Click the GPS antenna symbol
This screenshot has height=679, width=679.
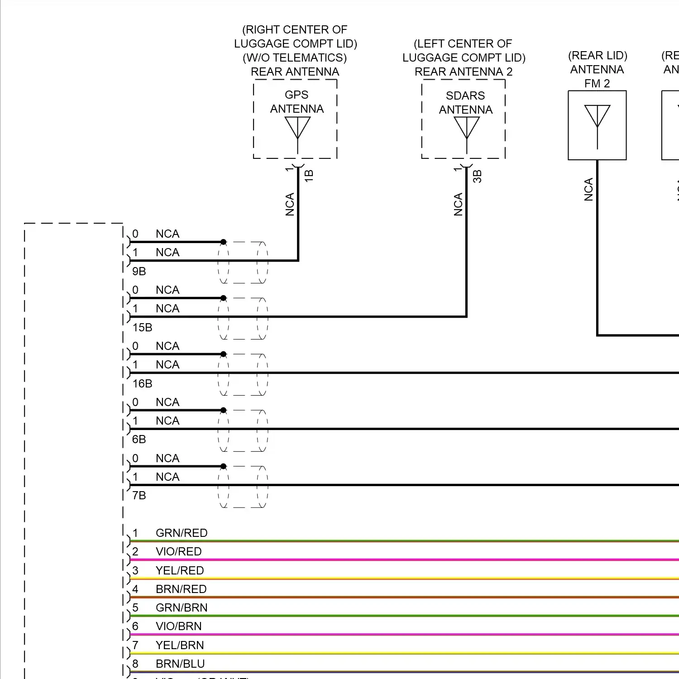coord(297,128)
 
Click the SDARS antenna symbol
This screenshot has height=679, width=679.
coord(466,128)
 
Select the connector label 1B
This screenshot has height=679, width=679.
coord(309,176)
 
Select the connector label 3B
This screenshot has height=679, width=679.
coord(477,176)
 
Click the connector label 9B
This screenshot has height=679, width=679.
coord(139,271)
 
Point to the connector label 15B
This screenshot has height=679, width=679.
coord(142,327)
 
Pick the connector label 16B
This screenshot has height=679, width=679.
coord(142,383)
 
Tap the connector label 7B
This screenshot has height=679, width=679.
coord(139,495)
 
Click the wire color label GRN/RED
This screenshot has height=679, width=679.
coord(182,533)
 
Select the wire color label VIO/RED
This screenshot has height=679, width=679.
coord(178,551)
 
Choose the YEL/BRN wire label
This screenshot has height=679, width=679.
coord(180,645)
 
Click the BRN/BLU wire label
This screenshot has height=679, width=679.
coord(180,664)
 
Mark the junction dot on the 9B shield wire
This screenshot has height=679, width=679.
coord(223,242)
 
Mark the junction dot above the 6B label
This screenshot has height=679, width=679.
coord(223,410)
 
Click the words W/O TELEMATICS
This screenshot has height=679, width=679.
coord(295,57)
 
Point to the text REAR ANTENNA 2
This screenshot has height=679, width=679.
coord(464,72)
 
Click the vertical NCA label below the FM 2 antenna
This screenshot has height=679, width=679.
coord(588,189)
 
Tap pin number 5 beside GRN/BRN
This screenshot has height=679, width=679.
coord(135,607)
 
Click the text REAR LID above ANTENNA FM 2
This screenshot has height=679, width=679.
coord(598,55)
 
